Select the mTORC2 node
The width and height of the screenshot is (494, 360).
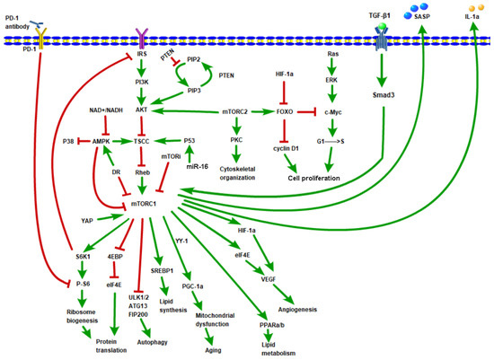point(236,112)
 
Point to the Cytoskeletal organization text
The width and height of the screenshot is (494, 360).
point(236,171)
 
